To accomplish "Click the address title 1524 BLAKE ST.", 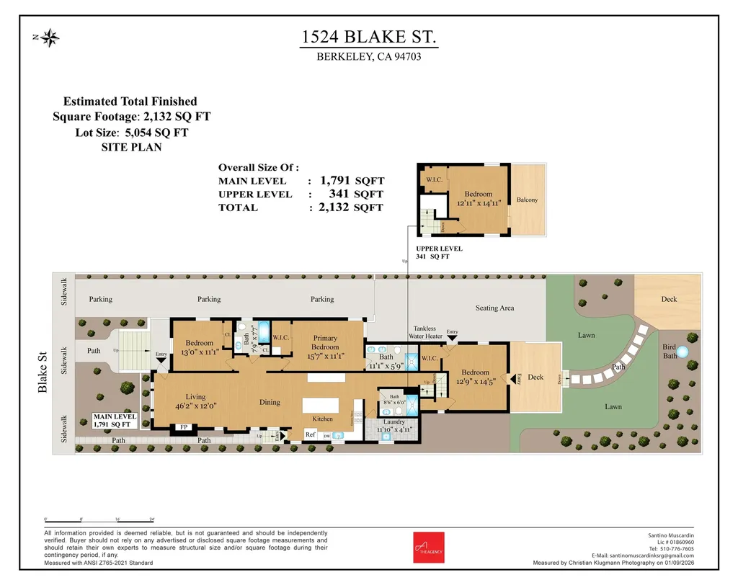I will click(x=368, y=37).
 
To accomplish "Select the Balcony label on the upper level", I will click(x=527, y=200).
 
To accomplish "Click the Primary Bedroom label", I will click(x=325, y=342).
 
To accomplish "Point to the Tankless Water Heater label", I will click(x=424, y=332).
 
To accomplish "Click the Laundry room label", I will click(x=394, y=422).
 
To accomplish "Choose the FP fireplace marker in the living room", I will click(x=184, y=427).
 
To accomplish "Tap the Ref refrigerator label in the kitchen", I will click(x=311, y=434).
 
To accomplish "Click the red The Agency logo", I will click(x=424, y=548).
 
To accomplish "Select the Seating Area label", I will click(x=495, y=308).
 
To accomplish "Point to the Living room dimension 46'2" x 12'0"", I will click(x=195, y=406).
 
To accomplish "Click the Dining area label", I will click(x=270, y=403).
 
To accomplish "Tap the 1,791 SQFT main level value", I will click(x=352, y=181).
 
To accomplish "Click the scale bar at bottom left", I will click(x=99, y=520).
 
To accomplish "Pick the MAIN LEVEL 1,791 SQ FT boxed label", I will click(x=114, y=421).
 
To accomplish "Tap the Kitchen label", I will click(x=322, y=419).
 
